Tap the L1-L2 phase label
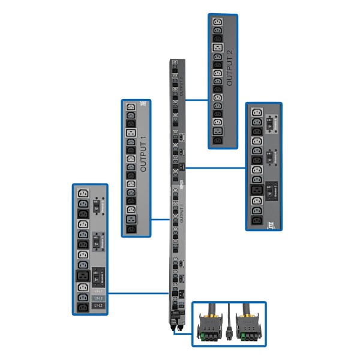click(x=99, y=307)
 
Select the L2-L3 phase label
click(x=99, y=298)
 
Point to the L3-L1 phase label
click(x=99, y=290)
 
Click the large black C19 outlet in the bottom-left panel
click(x=83, y=277)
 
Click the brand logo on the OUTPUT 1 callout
click(x=143, y=105)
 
